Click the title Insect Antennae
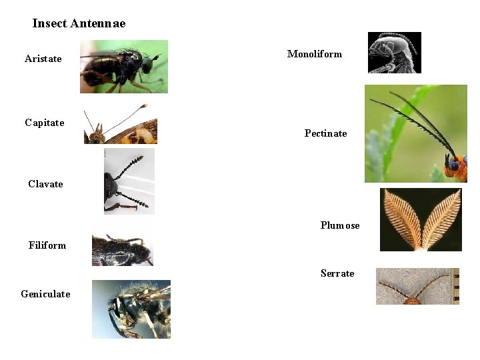coord(79,24)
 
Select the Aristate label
coord(43,59)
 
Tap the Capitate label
coord(45,123)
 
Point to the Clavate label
coord(45,184)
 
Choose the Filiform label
coord(47,245)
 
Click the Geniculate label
coord(45,294)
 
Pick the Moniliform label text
coord(315,54)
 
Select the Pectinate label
coord(326,133)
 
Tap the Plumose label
coord(340,225)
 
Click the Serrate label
coord(337,273)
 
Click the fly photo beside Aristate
coord(123,66)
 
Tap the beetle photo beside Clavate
coord(129,181)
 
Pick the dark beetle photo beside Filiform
coord(122,250)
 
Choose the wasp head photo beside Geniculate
coord(131,309)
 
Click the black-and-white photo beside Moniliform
coord(394,52)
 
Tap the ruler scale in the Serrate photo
coord(456,286)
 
